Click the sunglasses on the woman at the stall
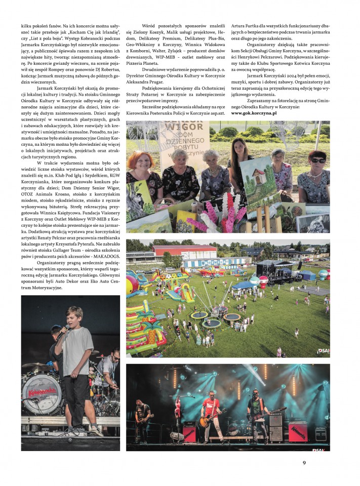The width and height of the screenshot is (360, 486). coord(317,160)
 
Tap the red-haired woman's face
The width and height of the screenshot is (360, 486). coord(141,161)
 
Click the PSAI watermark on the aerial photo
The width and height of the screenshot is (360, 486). coord(323,351)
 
